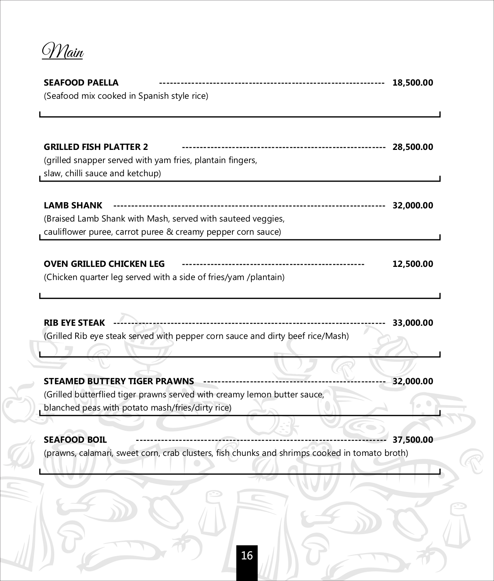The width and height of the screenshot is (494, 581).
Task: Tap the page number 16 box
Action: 247,556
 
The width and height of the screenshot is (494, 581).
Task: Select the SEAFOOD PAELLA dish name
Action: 81,83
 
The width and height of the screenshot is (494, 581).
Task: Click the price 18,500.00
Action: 413,83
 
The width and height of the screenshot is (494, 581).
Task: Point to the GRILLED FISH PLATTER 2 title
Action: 96,147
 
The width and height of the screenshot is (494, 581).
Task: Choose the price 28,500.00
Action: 413,147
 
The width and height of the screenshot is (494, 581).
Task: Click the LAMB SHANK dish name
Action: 73,205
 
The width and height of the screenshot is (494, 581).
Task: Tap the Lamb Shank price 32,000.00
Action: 413,205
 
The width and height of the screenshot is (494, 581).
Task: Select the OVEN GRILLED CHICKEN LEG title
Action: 104,264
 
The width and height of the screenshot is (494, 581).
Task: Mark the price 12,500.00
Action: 413,264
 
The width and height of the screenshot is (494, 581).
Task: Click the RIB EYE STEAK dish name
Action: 74,323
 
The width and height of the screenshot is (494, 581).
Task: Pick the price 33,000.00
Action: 413,323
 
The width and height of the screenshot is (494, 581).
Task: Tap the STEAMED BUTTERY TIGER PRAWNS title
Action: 119,381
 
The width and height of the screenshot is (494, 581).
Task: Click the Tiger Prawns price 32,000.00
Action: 413,381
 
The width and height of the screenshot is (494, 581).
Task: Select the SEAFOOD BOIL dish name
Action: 75,440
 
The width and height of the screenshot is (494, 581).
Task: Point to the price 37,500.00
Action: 413,440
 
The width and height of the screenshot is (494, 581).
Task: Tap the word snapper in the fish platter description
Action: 90,160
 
